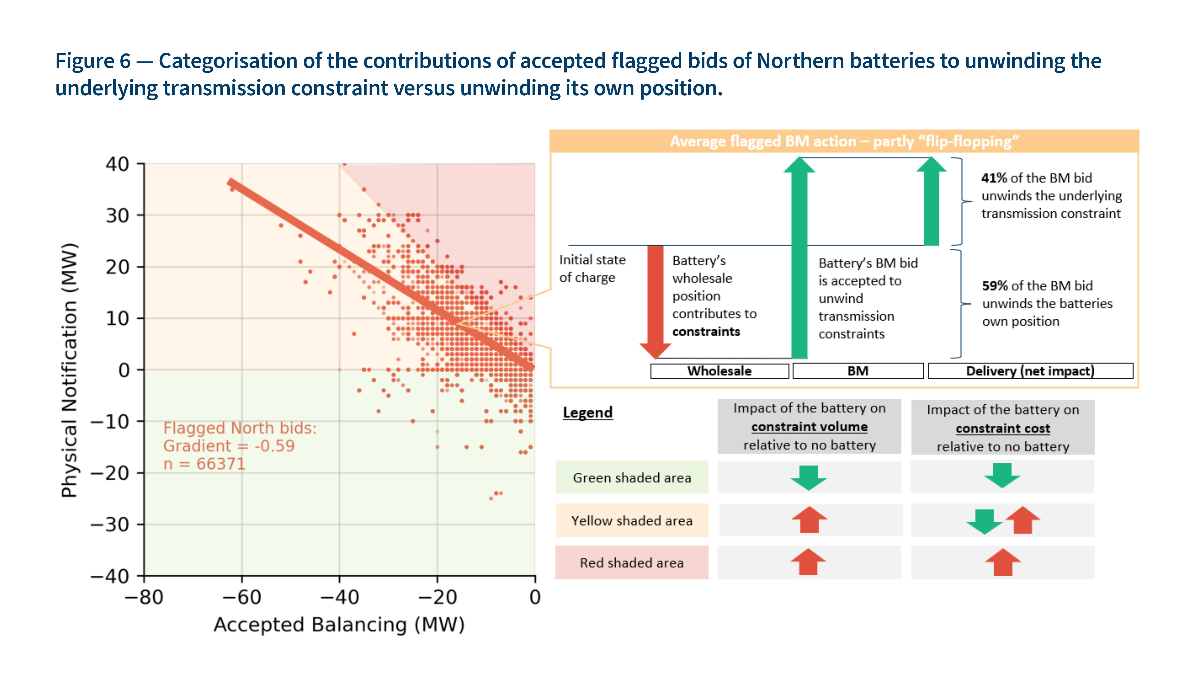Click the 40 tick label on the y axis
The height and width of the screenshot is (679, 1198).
pyautogui.click(x=117, y=164)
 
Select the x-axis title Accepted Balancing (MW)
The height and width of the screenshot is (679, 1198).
pyautogui.click(x=339, y=624)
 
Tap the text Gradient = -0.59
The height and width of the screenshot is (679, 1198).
pyautogui.click(x=229, y=446)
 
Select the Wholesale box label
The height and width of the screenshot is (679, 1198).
pyautogui.click(x=719, y=371)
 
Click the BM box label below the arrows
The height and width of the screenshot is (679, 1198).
pyautogui.click(x=857, y=371)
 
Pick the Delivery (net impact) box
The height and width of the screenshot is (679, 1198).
pyautogui.click(x=1030, y=371)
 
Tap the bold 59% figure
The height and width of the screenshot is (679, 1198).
pyautogui.click(x=995, y=286)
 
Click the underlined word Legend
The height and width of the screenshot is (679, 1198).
pyautogui.click(x=588, y=413)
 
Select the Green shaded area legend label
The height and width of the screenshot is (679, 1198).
pyautogui.click(x=632, y=478)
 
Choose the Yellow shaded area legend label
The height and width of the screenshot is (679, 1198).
pyautogui.click(x=632, y=521)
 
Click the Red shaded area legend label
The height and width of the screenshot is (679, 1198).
pyautogui.click(x=632, y=563)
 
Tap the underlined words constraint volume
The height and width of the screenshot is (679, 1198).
pyautogui.click(x=809, y=427)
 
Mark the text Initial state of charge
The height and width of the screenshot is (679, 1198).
pyautogui.click(x=592, y=269)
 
